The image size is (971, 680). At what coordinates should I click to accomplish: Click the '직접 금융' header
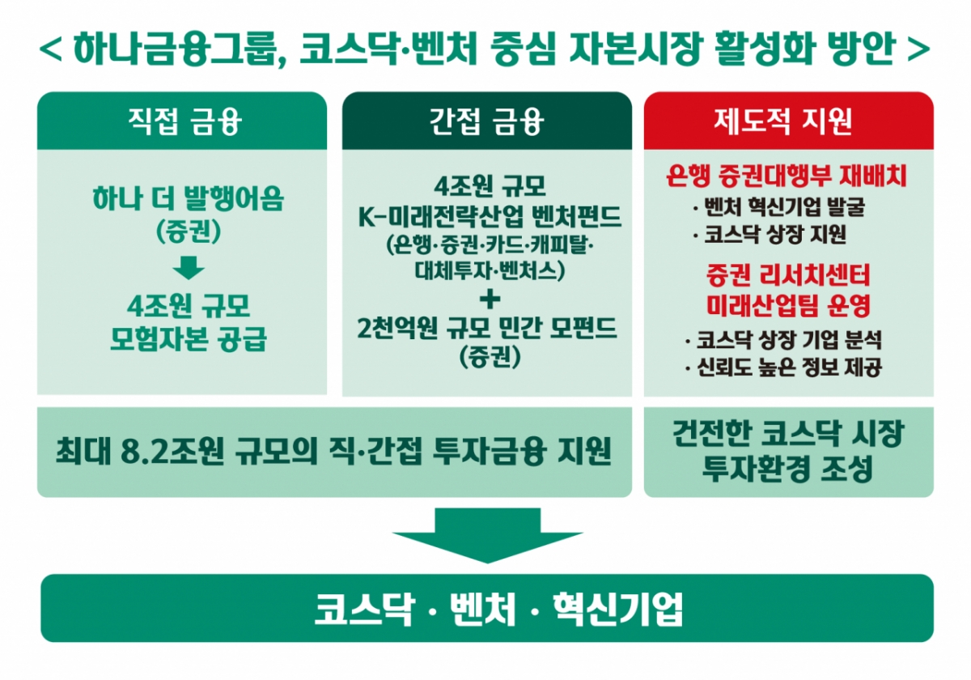(x=182, y=122)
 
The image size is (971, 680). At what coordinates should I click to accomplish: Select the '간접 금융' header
(x=486, y=122)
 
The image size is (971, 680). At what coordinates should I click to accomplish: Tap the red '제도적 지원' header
(x=788, y=122)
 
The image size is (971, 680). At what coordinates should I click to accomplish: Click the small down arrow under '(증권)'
(x=189, y=268)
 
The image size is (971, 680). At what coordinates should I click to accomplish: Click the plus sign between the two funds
(x=487, y=300)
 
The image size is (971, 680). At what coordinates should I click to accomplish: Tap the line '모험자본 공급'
(x=189, y=340)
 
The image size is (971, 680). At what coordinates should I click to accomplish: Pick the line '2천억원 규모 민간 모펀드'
(x=487, y=328)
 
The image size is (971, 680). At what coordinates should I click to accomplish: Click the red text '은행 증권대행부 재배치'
(x=787, y=176)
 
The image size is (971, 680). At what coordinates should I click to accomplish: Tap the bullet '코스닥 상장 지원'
(x=772, y=236)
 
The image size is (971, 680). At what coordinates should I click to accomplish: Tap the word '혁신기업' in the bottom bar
(x=617, y=610)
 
